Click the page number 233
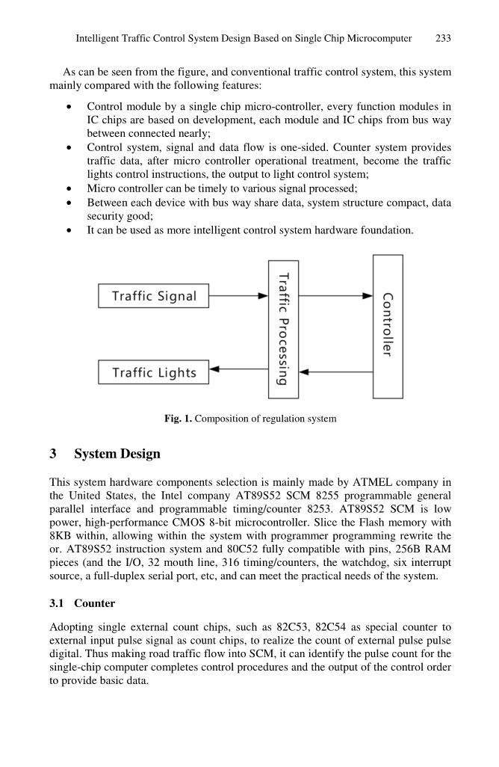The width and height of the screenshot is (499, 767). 443,38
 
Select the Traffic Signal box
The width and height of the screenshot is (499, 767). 154,296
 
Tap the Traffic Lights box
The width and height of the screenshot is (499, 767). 154,372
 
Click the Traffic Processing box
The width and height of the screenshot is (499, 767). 283,329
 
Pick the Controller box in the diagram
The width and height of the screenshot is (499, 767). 387,326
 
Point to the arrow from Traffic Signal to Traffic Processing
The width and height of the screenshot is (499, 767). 238,296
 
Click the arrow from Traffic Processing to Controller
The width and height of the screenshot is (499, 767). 335,296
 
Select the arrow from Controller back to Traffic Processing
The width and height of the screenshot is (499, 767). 335,372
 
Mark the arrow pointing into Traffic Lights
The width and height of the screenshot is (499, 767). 238,369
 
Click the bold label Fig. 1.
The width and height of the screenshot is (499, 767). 178,419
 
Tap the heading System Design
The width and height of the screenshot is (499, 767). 117,454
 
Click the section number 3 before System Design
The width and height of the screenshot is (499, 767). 53,454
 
